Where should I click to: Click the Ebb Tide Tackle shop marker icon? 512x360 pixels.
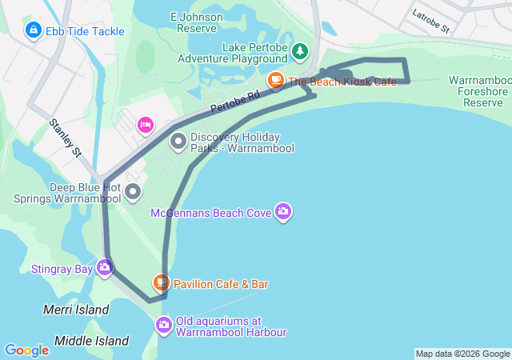click(x=33, y=31)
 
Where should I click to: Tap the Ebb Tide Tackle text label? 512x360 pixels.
click(x=86, y=31)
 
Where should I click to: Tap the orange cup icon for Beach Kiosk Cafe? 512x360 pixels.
click(x=275, y=81)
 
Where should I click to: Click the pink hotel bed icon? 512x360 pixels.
click(x=145, y=124)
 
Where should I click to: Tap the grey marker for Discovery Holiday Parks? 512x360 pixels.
click(x=178, y=142)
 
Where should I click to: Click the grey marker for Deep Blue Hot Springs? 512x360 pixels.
click(x=133, y=192)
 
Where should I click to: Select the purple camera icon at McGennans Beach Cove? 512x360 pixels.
click(x=282, y=212)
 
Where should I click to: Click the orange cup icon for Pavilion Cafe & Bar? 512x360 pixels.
click(x=162, y=283)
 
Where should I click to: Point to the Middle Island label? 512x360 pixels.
click(x=91, y=341)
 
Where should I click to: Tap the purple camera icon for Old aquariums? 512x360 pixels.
click(x=164, y=324)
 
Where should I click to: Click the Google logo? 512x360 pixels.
click(x=26, y=350)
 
